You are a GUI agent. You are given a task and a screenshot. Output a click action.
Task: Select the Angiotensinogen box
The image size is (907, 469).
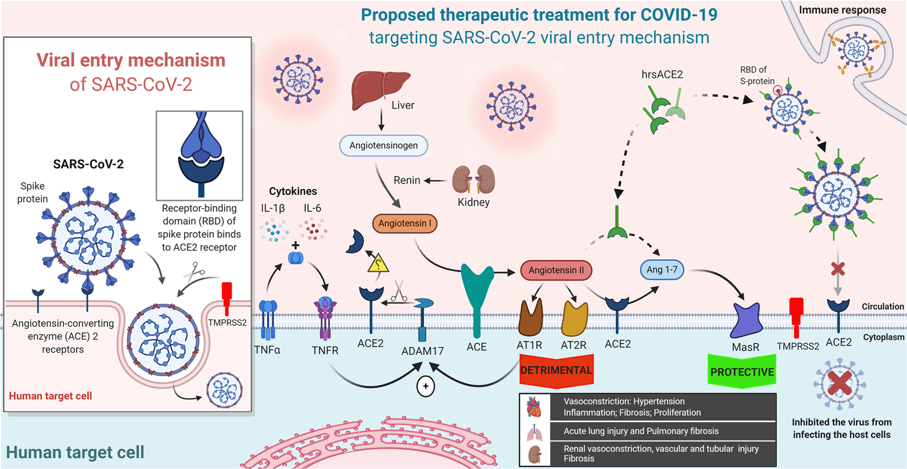[383, 146]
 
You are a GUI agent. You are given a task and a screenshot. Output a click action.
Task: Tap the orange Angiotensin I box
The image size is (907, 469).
[405, 223]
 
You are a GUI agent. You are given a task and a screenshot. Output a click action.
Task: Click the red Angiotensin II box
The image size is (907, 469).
[556, 270]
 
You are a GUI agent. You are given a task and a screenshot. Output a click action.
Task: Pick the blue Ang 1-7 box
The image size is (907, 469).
[662, 270]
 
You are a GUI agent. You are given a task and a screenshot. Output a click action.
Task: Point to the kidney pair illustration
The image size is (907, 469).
[473, 180]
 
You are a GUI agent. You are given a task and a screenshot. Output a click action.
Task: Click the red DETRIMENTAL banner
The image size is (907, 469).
[556, 370]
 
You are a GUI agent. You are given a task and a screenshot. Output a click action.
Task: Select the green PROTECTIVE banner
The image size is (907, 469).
[742, 372]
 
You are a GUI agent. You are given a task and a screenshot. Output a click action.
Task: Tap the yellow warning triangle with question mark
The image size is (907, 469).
[378, 264]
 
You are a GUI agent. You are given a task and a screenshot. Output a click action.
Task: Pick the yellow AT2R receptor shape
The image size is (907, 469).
[574, 318]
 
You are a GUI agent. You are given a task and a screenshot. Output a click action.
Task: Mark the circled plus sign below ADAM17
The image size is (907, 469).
[426, 386]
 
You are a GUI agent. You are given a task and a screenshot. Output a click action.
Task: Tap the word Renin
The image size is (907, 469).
[407, 180]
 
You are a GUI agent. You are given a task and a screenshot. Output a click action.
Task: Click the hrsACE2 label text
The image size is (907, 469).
[662, 74]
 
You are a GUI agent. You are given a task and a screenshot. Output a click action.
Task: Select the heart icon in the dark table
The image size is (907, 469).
[534, 407]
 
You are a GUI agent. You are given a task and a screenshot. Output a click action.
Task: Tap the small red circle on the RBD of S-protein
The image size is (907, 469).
[777, 89]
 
